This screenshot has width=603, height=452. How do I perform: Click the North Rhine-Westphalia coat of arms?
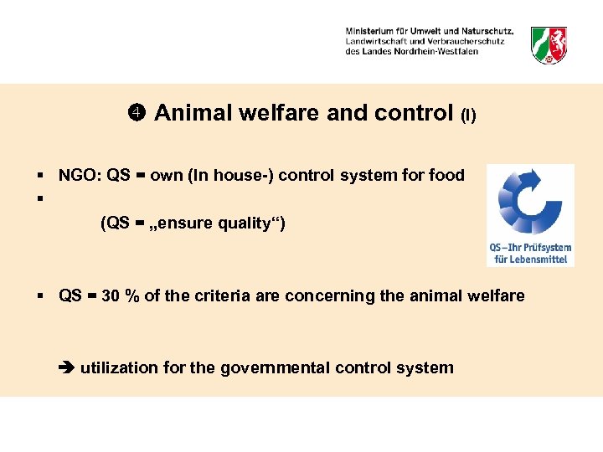tap(549, 44)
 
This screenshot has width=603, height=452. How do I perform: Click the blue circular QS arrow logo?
tap(529, 201)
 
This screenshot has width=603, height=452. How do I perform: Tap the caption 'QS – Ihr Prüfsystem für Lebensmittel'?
tap(530, 253)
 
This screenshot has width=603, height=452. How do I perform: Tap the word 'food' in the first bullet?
tap(447, 175)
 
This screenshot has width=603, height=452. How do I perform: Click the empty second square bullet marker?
tap(39, 199)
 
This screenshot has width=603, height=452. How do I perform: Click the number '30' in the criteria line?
tap(110, 295)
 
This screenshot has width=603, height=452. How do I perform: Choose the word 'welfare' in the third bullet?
tap(497, 295)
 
